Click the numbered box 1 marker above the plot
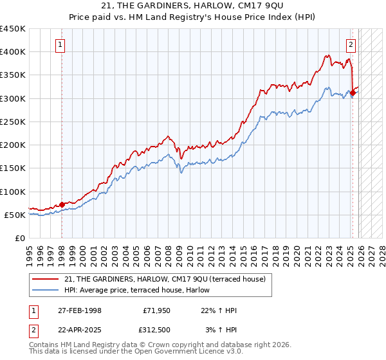tap(60, 45)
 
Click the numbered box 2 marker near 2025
tap(351, 45)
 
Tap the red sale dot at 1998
tap(62, 204)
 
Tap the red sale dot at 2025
tap(353, 93)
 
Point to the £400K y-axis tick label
tap(13, 52)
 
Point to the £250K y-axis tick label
tap(13, 122)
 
